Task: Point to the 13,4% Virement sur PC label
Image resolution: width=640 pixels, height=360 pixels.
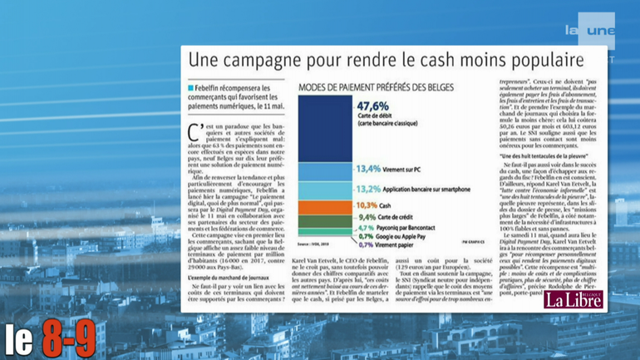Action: point(387,169)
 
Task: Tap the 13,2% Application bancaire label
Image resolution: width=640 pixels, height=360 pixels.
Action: point(404,188)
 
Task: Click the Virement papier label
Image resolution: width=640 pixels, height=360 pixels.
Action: point(391,245)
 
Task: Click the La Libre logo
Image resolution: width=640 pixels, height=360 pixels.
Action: point(573,299)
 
